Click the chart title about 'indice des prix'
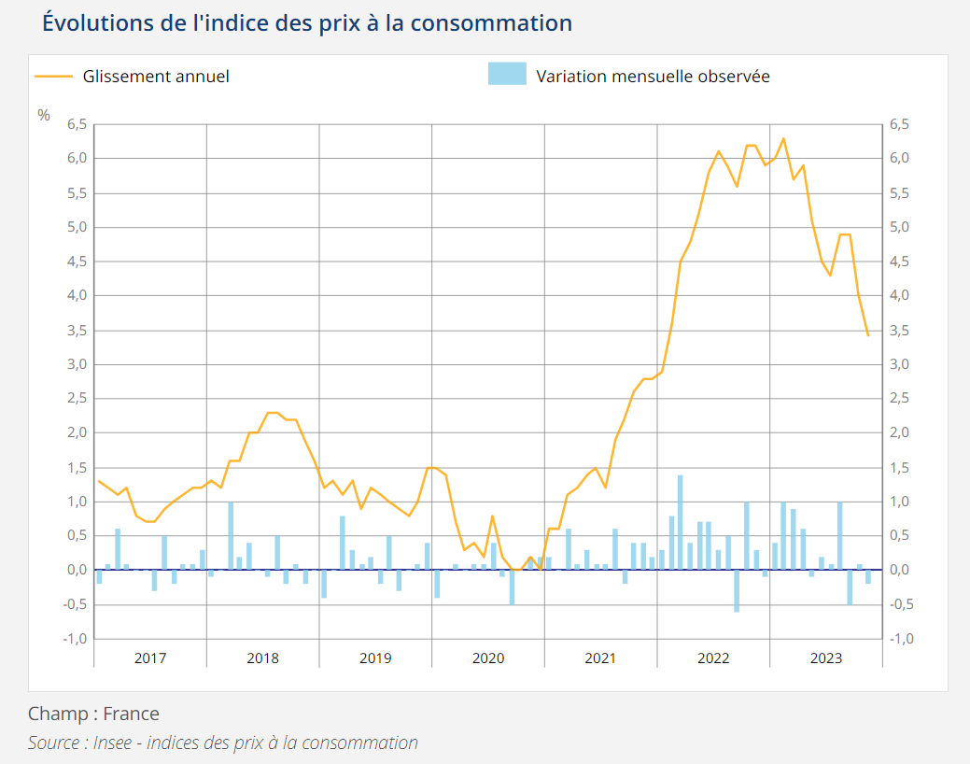pyautogui.click(x=307, y=23)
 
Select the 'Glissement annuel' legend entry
pyautogui.click(x=155, y=77)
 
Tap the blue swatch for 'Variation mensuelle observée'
pyautogui.click(x=507, y=74)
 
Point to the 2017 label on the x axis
pyautogui.click(x=150, y=658)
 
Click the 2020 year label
pyautogui.click(x=488, y=658)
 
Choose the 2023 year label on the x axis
pyautogui.click(x=826, y=658)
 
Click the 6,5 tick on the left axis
pyautogui.click(x=76, y=124)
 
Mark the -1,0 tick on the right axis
pyautogui.click(x=900, y=639)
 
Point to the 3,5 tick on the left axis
pyautogui.click(x=76, y=331)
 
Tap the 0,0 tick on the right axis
pyautogui.click(x=900, y=570)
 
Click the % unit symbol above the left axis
pyautogui.click(x=44, y=115)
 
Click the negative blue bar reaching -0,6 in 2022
pyautogui.click(x=737, y=590)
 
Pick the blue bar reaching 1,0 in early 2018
pyautogui.click(x=231, y=536)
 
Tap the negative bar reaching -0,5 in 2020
pyautogui.click(x=512, y=587)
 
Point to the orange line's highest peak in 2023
pyautogui.click(x=783, y=139)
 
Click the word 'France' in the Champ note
pyautogui.click(x=131, y=714)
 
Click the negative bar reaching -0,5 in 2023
pyautogui.click(x=850, y=587)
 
